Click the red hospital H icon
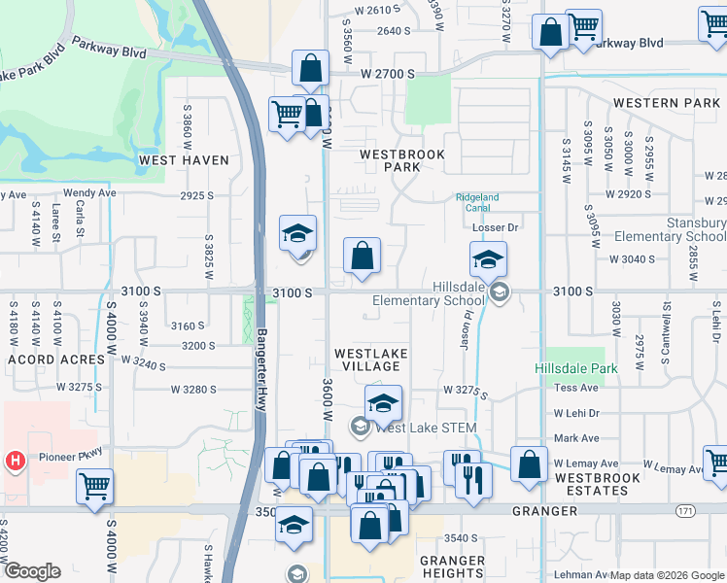[15, 460]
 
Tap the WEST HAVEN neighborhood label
[184, 160]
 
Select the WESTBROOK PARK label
[402, 160]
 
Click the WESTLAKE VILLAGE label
[371, 360]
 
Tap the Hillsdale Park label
[575, 369]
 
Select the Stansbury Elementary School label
[671, 230]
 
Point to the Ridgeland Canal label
[477, 203]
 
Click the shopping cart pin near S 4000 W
[94, 486]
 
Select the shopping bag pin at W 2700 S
[310, 70]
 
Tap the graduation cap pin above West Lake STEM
[384, 403]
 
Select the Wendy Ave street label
[89, 193]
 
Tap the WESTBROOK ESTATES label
[597, 484]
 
